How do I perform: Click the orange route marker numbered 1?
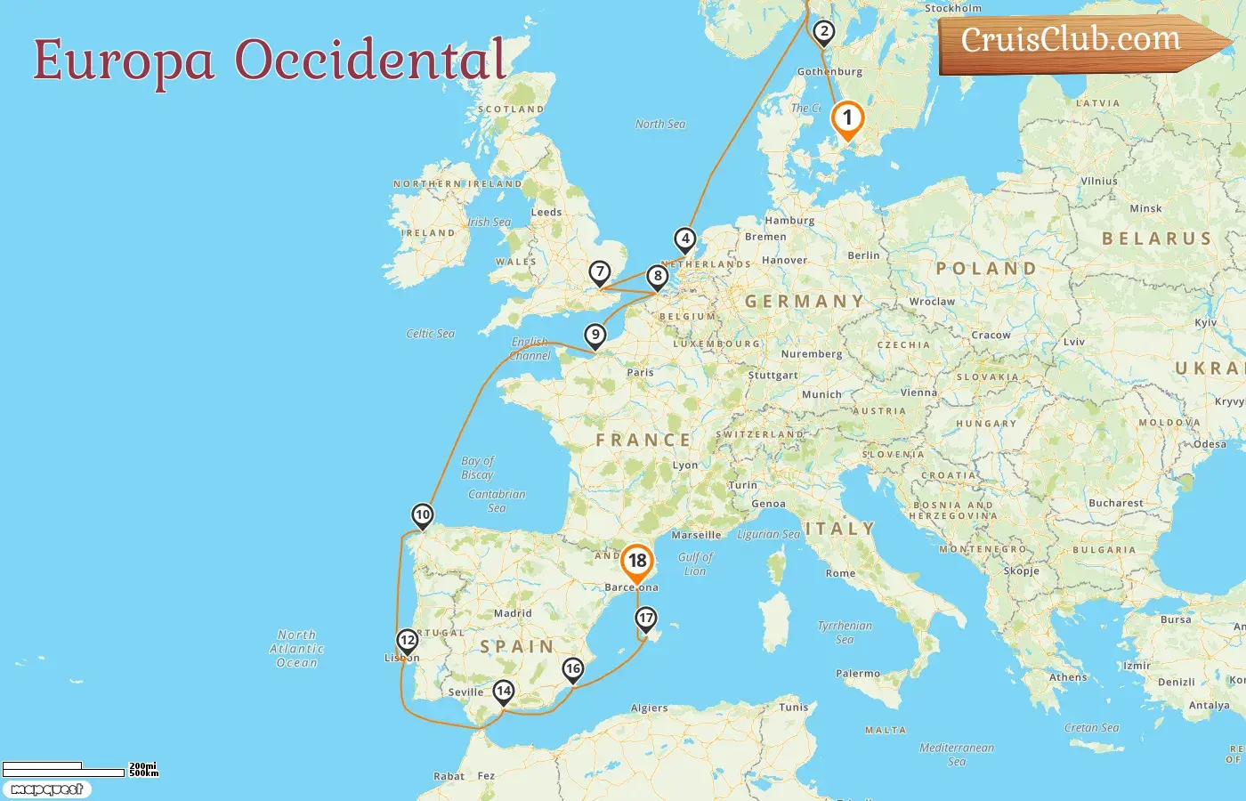[847, 118]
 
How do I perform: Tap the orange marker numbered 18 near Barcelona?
[637, 562]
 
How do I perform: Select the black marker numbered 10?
[423, 514]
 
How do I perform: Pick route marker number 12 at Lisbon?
[408, 640]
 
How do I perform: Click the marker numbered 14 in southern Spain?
[504, 691]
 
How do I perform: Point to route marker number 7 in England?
[600, 271]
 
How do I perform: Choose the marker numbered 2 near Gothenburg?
[824, 32]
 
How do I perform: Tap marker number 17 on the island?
[646, 618]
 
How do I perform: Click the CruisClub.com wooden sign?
[1077, 42]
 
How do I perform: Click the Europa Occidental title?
[270, 61]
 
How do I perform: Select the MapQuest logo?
[46, 789]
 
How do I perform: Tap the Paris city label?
[640, 373]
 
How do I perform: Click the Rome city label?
[840, 573]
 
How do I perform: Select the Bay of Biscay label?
[477, 468]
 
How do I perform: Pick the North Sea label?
[660, 125]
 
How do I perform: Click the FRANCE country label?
[643, 441]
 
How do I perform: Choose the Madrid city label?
[513, 613]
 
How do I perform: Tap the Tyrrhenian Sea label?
[845, 633]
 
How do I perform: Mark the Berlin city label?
[863, 255]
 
